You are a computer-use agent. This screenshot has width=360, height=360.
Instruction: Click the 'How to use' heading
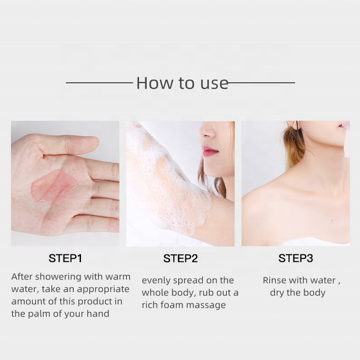tap(182, 83)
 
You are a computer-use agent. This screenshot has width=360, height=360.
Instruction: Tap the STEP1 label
tap(65, 258)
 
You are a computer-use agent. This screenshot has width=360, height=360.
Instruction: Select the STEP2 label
tap(180, 258)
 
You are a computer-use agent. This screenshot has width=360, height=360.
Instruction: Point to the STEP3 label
tap(296, 258)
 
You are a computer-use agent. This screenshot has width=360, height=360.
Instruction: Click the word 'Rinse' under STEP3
tap(274, 280)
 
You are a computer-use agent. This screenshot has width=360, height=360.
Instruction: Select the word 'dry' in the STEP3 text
tap(278, 293)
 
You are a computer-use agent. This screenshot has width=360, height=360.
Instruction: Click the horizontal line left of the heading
tap(99, 83)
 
